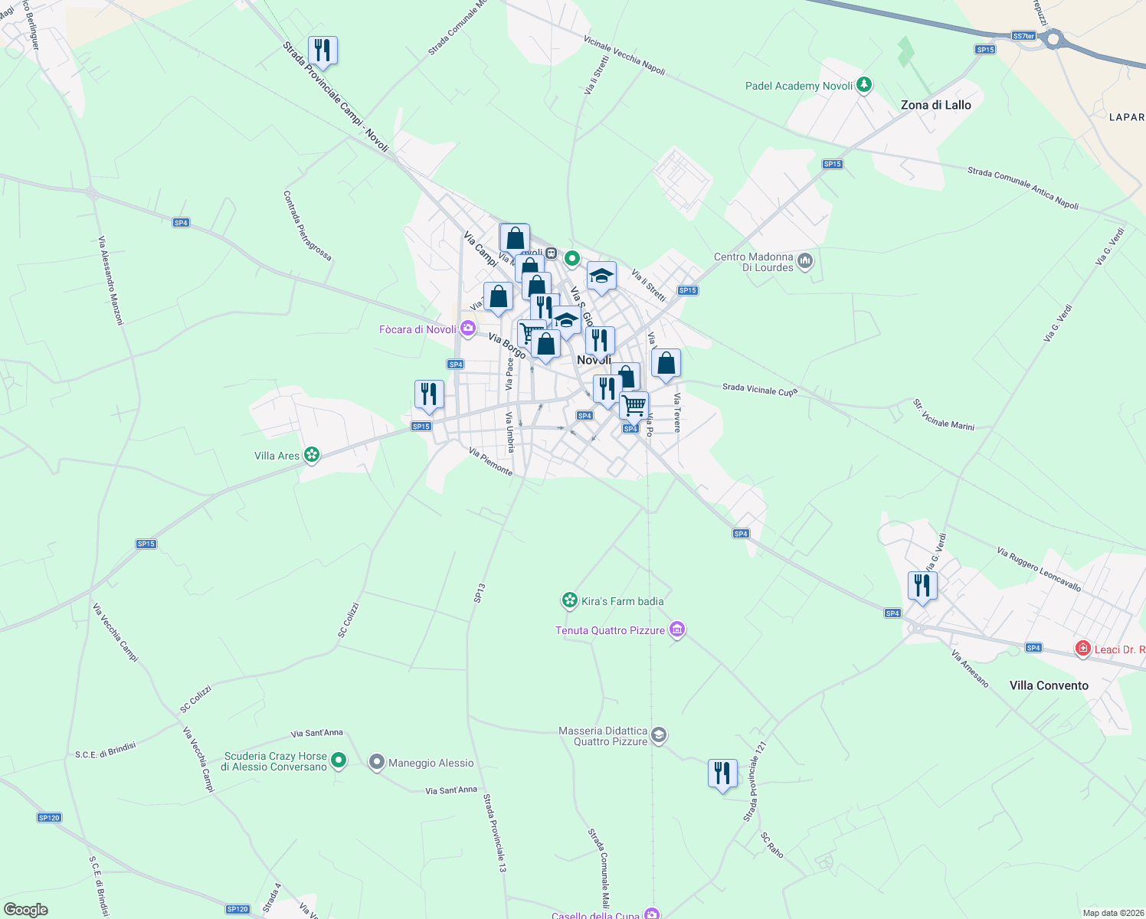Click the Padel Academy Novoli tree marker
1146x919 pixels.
click(x=864, y=84)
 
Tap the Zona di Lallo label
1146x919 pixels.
click(x=935, y=105)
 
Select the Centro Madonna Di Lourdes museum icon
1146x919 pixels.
click(x=804, y=261)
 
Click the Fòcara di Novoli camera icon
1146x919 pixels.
click(x=468, y=329)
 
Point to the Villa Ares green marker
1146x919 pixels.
click(x=311, y=455)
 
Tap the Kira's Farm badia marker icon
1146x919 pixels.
click(x=569, y=600)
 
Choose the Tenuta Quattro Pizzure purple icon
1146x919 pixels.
click(x=676, y=630)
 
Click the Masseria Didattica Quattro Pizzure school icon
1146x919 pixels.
click(x=659, y=736)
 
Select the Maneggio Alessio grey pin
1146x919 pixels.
click(x=376, y=762)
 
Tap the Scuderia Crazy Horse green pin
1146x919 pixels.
click(x=339, y=760)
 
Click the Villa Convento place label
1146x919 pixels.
click(x=1049, y=685)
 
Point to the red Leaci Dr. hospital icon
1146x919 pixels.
click(x=1082, y=649)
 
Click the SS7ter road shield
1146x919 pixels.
click(x=1023, y=36)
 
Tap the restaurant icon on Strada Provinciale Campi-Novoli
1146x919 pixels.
click(x=323, y=51)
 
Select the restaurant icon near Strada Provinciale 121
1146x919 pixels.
click(x=722, y=773)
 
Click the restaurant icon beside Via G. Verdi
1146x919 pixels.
click(x=922, y=586)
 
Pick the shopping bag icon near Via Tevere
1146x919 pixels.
click(x=666, y=363)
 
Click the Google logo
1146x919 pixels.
click(x=26, y=910)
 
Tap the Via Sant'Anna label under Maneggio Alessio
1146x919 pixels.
click(x=451, y=790)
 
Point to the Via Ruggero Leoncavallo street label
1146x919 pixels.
click(x=1039, y=569)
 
